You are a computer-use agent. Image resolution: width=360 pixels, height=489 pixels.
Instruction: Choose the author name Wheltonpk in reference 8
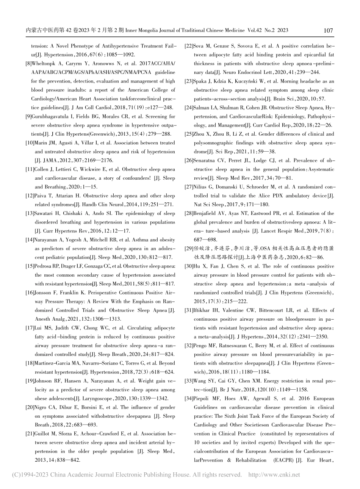tap(47, 64)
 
